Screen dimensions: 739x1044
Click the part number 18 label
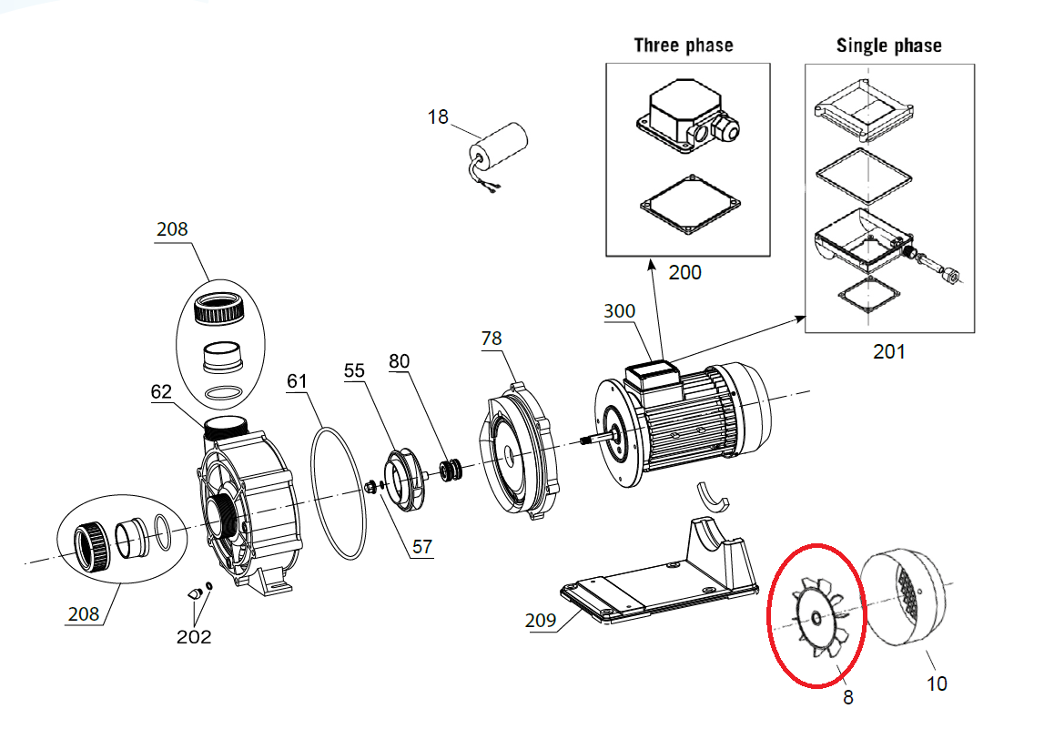(438, 117)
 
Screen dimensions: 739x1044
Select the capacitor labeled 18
(501, 150)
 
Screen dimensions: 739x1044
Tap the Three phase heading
(684, 45)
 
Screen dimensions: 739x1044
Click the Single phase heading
(888, 45)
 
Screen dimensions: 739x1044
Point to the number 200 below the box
(684, 271)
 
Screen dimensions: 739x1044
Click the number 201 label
(888, 350)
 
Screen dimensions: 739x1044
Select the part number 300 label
(620, 311)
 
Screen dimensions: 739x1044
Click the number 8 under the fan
(847, 697)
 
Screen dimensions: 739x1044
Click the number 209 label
(541, 621)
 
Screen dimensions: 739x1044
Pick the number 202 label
(194, 636)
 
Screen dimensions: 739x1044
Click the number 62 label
(161, 393)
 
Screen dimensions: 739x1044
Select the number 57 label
(422, 547)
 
